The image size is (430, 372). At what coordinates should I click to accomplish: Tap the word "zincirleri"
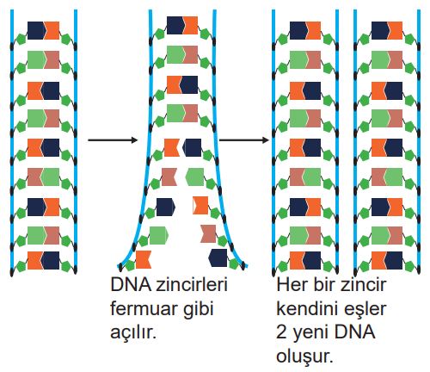coord(192,285)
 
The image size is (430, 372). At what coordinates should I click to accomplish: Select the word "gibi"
coord(199,310)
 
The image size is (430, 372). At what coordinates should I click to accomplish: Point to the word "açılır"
coord(133,333)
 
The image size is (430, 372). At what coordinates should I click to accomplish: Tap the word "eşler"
coord(364,310)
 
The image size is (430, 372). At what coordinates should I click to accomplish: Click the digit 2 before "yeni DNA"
coord(282,332)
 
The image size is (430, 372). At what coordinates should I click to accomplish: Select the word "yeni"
coord(310,334)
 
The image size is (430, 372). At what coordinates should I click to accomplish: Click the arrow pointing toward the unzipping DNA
coord(113,140)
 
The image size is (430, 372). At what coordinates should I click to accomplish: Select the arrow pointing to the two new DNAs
coord(244,140)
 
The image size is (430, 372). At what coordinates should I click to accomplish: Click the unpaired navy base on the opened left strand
coord(166,207)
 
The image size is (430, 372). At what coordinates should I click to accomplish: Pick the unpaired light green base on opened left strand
coord(159,235)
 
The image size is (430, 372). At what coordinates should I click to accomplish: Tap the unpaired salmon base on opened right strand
coord(208,233)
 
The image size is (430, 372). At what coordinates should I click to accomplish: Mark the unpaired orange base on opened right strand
coord(200,205)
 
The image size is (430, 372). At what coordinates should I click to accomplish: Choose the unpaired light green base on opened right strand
coord(194,177)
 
